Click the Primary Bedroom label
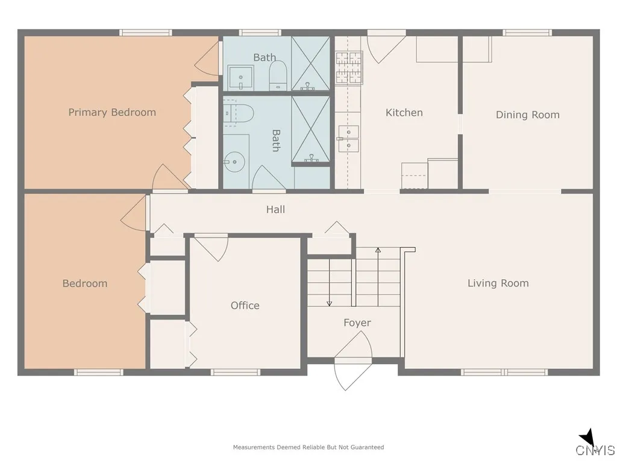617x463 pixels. pos(112,112)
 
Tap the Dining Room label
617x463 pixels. pos(527,115)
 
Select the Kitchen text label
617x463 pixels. pos(404,112)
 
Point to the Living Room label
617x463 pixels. pos(498,283)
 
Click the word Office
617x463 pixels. pos(245,306)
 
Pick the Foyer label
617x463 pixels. pos(357,323)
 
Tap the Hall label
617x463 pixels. pos(275,209)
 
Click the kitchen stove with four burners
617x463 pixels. pos(349,67)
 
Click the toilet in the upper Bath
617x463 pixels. pos(278,77)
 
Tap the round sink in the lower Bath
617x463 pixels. pos(233,161)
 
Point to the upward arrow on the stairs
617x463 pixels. pos(378,250)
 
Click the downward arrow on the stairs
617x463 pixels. pos(330,303)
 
